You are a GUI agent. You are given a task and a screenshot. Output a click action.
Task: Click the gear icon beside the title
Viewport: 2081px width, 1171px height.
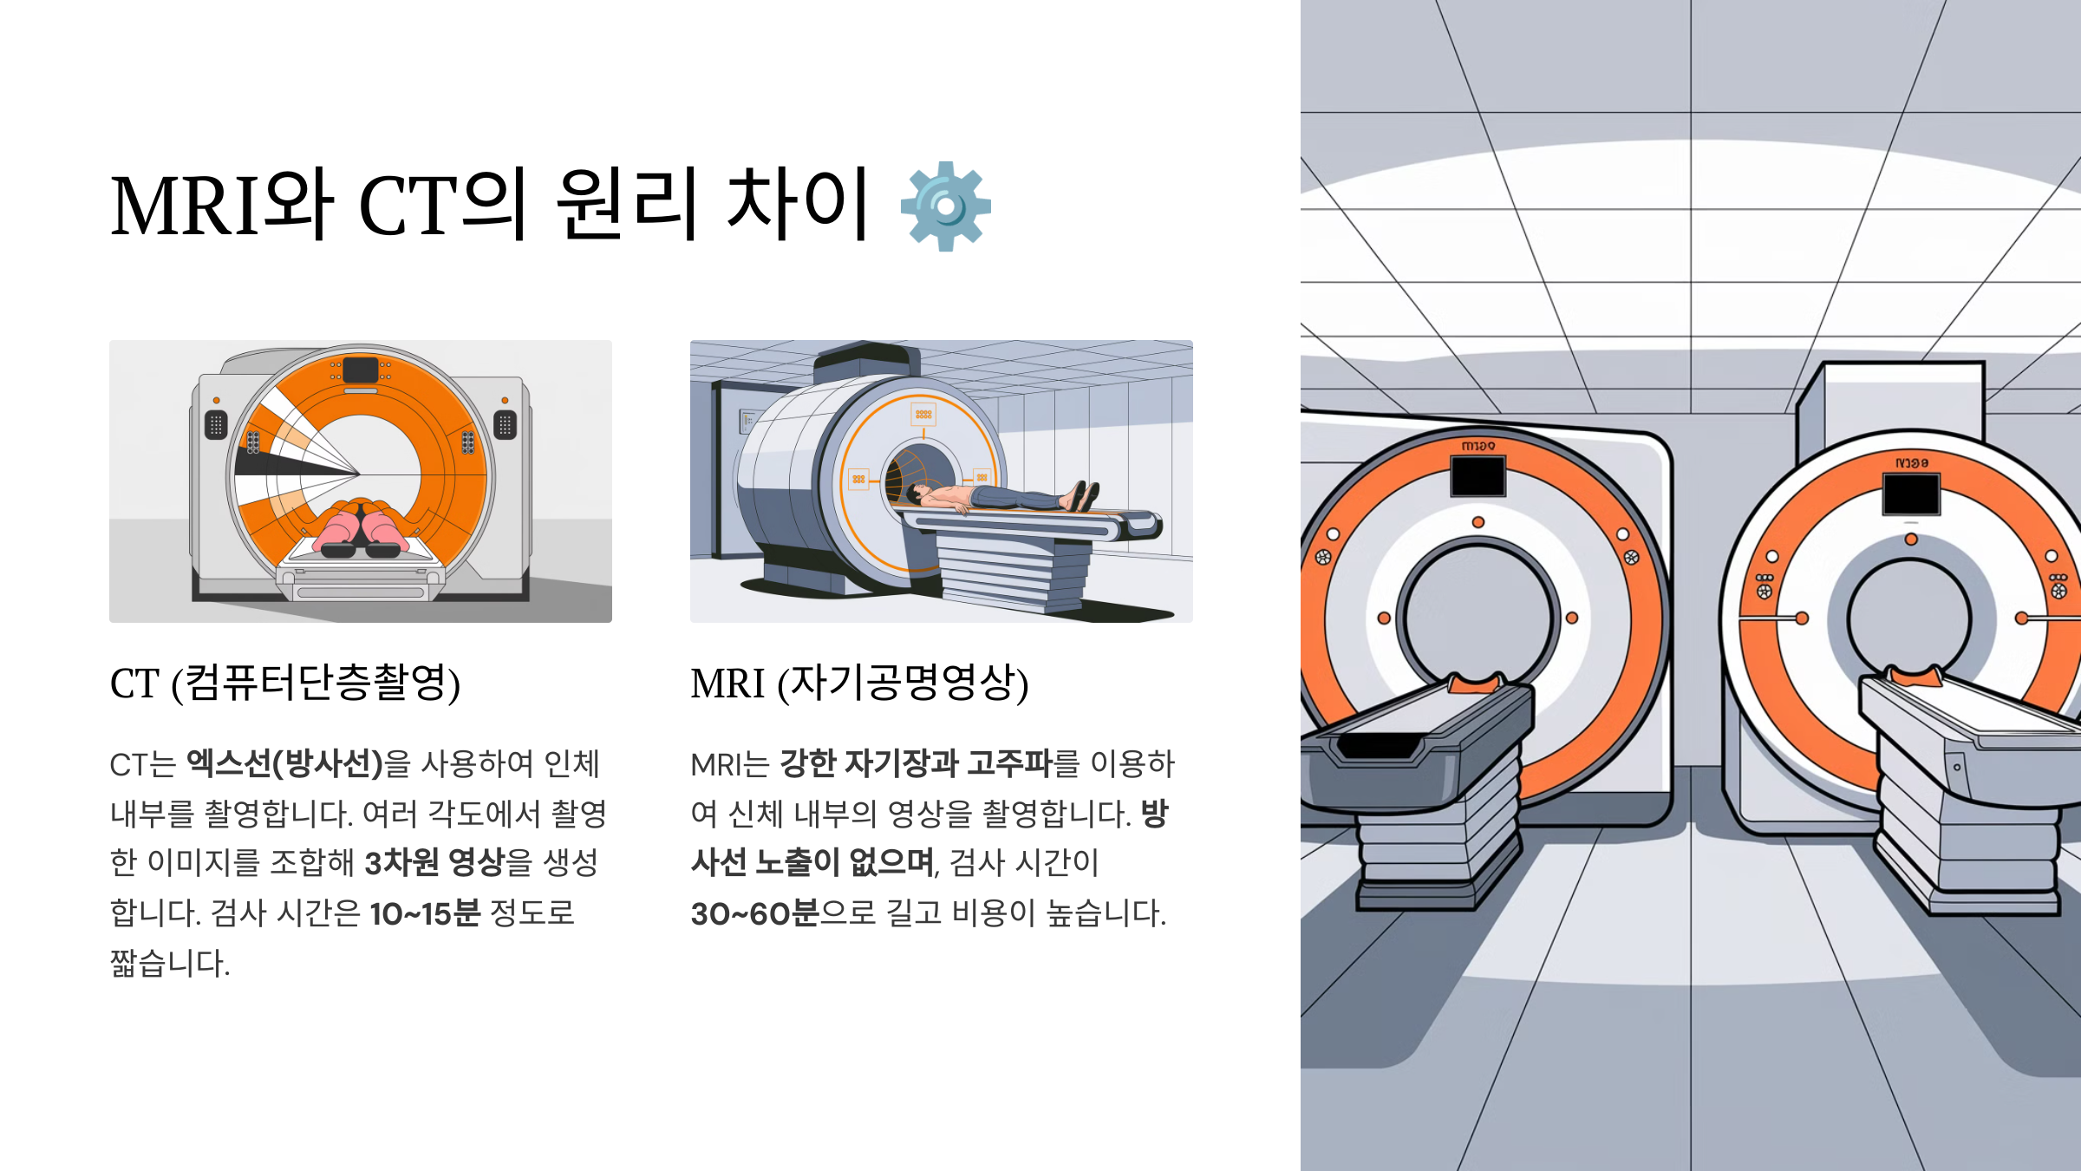(946, 206)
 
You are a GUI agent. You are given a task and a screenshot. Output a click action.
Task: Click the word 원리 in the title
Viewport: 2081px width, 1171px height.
(627, 205)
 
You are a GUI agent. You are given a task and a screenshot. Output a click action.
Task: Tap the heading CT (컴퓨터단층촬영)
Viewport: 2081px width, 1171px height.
(285, 683)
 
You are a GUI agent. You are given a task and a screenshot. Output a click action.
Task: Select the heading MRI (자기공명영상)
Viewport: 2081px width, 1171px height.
(859, 683)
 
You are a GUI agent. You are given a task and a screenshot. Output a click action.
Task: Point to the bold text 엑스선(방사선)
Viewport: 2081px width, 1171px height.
(285, 764)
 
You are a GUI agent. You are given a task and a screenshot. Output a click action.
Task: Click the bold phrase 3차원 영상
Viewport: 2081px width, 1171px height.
(434, 863)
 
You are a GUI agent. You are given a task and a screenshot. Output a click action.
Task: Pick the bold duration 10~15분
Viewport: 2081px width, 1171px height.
(425, 913)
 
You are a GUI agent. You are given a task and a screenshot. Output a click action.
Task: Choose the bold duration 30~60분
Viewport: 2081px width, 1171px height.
(754, 913)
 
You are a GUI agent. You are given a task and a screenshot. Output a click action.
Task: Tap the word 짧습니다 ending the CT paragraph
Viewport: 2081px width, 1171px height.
(170, 963)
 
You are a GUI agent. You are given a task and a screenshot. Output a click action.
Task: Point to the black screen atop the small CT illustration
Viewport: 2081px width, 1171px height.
(361, 370)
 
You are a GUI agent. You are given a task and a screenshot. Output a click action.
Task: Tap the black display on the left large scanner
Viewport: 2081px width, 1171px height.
(1478, 475)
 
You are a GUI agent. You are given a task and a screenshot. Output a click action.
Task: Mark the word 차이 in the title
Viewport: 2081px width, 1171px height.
(798, 205)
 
